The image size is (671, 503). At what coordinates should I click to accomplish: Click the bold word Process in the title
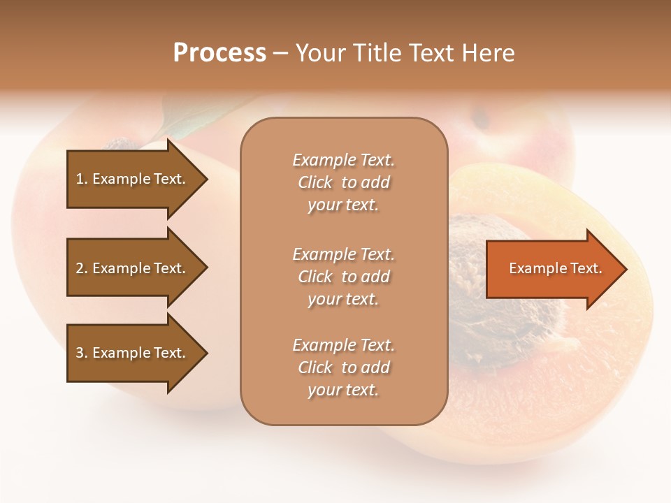[219, 53]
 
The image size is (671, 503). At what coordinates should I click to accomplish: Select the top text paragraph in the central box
[343, 182]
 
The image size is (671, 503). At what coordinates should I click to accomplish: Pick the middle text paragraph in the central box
[343, 277]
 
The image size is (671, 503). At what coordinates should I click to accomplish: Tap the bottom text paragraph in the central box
[343, 367]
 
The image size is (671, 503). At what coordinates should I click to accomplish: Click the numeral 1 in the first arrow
[80, 179]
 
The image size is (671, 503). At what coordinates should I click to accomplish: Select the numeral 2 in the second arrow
[80, 268]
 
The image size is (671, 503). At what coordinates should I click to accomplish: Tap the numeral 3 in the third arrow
[80, 353]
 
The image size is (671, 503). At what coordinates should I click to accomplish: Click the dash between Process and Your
[281, 53]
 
